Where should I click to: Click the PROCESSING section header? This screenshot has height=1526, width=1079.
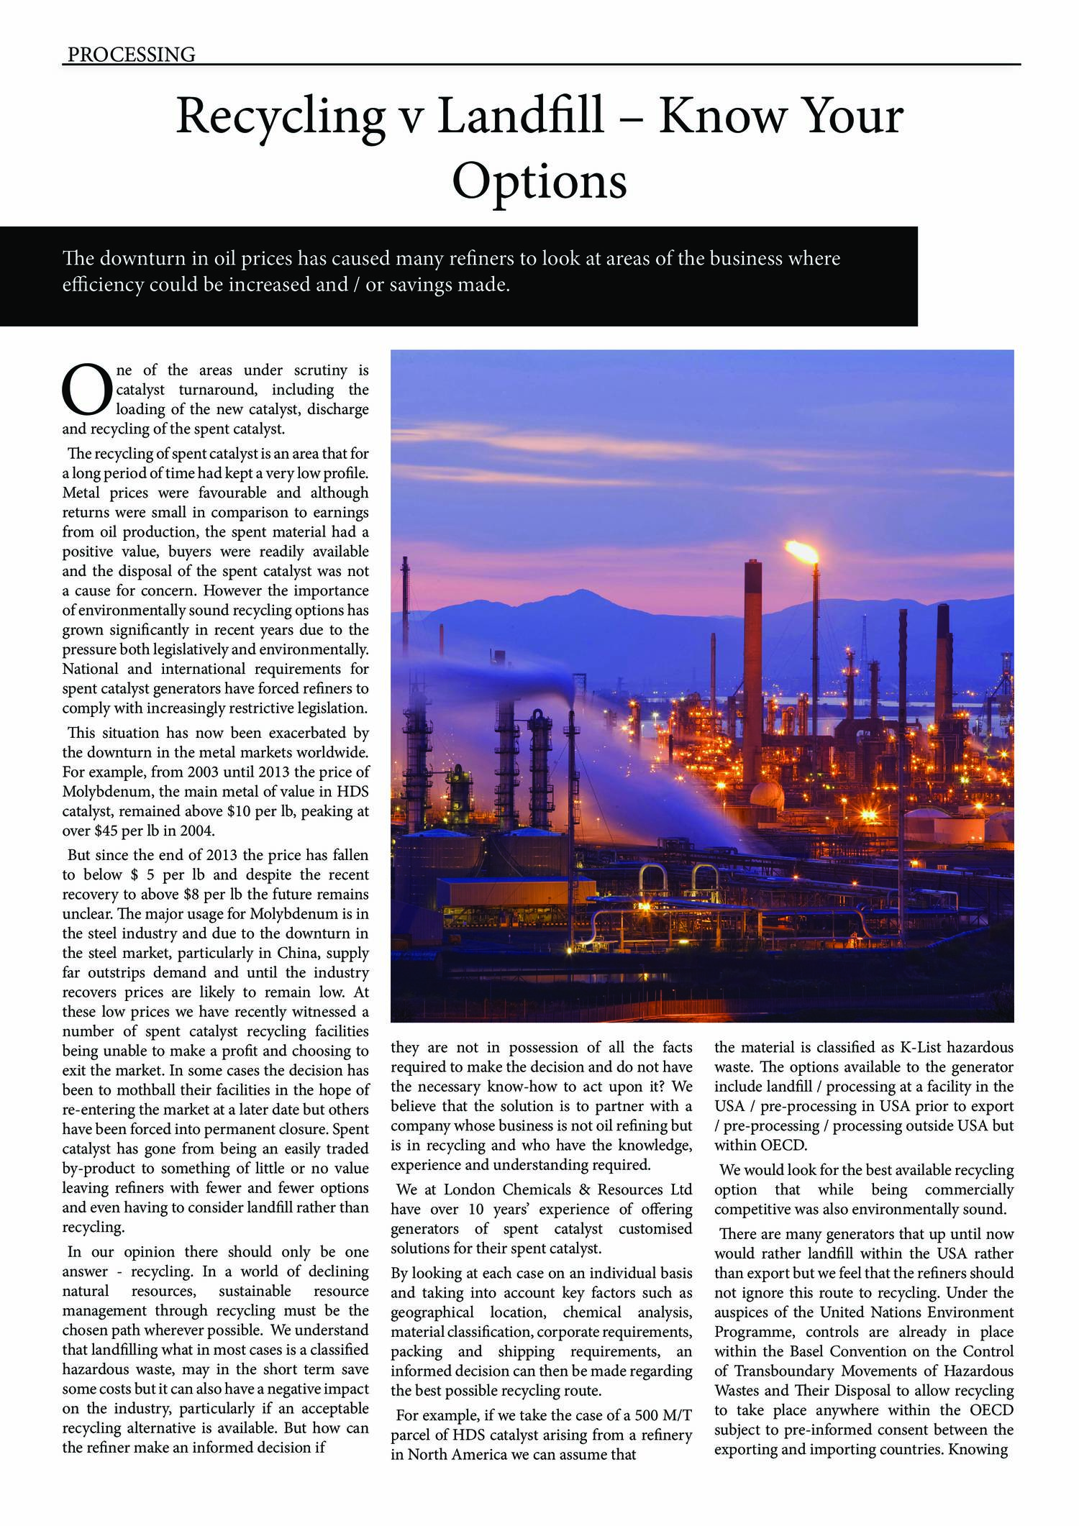pyautogui.click(x=131, y=54)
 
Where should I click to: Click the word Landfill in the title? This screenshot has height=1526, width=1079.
pyautogui.click(x=520, y=116)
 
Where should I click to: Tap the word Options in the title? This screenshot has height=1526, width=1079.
pyautogui.click(x=539, y=181)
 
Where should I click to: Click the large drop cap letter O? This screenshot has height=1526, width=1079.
pyautogui.click(x=87, y=390)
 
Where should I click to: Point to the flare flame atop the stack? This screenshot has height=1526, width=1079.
pyautogui.click(x=801, y=552)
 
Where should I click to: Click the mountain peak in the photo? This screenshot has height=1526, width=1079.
pyautogui.click(x=576, y=594)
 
